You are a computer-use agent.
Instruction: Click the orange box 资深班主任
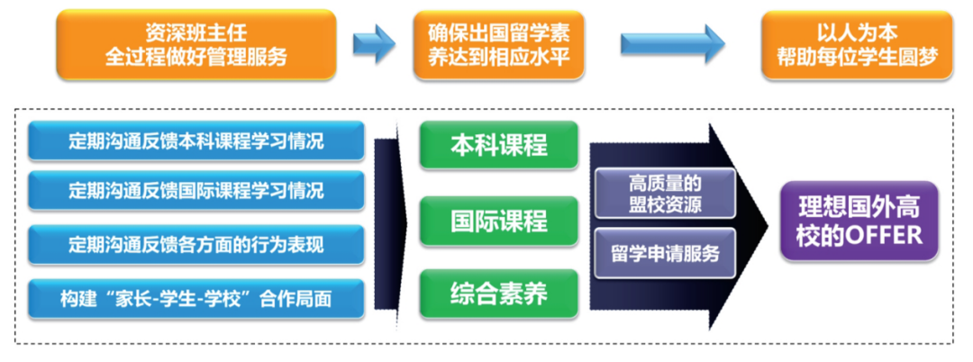[x=196, y=44]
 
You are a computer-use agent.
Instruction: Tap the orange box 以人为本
[x=857, y=44]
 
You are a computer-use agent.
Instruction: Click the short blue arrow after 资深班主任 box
[x=373, y=43]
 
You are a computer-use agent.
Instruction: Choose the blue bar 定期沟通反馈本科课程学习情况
[x=196, y=141]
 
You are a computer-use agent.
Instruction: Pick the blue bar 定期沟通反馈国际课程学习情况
[x=196, y=191]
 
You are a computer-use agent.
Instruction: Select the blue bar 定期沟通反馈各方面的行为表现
[x=196, y=244]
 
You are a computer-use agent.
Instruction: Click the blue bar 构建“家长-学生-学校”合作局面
[x=196, y=296]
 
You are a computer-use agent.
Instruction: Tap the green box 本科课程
[x=498, y=145]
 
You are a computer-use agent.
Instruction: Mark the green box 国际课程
[x=498, y=221]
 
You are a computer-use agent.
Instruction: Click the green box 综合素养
[x=498, y=293]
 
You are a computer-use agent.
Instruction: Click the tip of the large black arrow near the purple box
[x=761, y=221]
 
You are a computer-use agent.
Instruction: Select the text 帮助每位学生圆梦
[x=857, y=57]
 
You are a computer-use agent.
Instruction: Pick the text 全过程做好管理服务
[x=196, y=57]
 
